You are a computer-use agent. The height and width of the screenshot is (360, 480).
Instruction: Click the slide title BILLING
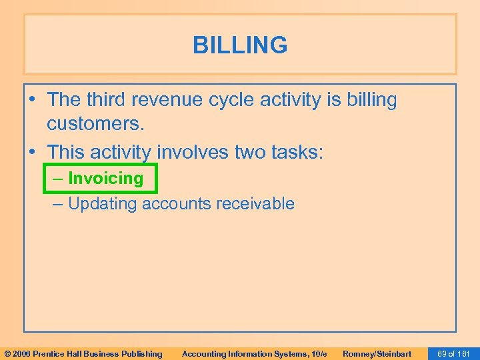click(x=240, y=45)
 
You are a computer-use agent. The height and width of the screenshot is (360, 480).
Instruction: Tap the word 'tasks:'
click(x=299, y=152)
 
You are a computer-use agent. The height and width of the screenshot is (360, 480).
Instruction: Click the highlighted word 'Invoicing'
click(x=105, y=179)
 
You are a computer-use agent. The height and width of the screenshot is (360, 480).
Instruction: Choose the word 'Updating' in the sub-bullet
click(x=103, y=204)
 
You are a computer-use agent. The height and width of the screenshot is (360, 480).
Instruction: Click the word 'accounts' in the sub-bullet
click(x=179, y=204)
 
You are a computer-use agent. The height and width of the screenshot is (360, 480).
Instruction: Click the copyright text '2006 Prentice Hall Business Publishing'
click(x=87, y=353)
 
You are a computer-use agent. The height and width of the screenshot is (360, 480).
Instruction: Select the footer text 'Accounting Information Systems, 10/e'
click(x=254, y=353)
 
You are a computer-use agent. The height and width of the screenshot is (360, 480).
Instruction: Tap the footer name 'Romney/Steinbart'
click(x=377, y=353)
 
